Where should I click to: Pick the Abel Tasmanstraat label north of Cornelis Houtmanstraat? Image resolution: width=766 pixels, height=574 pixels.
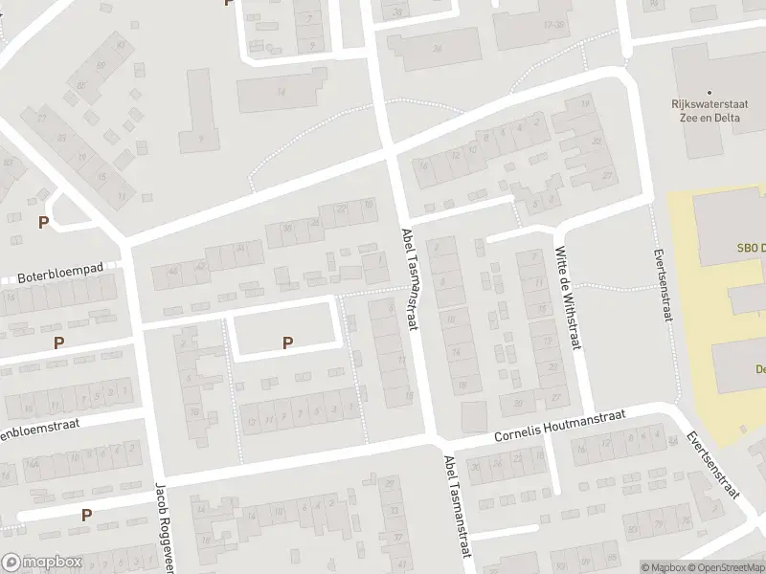point(410,280)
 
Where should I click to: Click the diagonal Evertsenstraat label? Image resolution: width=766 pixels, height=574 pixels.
point(713,465)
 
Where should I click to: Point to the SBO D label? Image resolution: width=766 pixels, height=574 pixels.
point(751,248)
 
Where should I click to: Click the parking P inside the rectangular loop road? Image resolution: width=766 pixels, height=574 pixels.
point(287,342)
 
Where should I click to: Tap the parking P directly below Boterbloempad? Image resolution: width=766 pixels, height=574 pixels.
point(59,342)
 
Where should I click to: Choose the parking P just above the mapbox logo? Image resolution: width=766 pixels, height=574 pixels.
point(86,515)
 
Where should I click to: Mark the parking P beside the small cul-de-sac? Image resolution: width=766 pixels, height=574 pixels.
point(43,223)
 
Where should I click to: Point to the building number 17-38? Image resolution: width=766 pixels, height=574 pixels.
point(553,24)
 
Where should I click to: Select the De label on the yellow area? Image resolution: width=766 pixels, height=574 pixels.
point(758,369)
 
